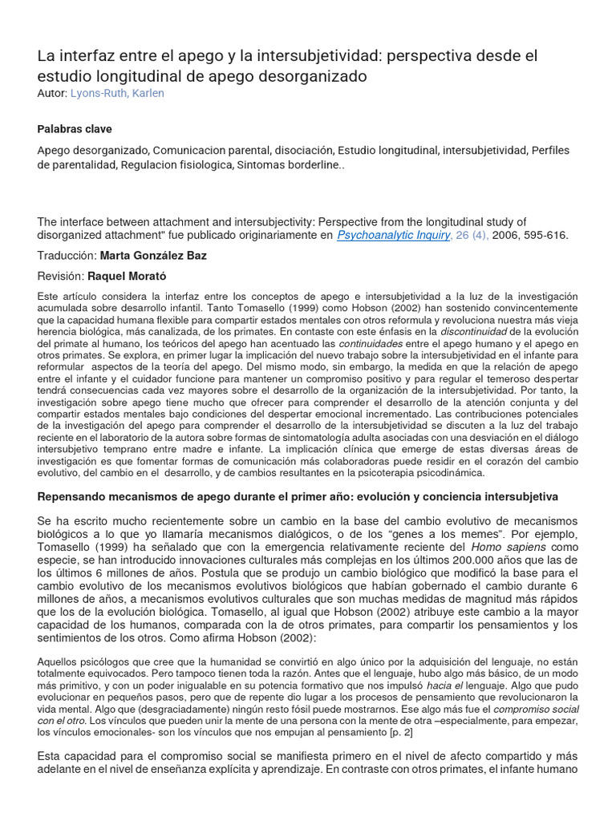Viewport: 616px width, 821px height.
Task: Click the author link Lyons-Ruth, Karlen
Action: pyautogui.click(x=117, y=93)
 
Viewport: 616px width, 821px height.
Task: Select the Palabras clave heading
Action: pyautogui.click(x=75, y=129)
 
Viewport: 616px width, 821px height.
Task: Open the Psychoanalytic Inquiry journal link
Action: pyautogui.click(x=393, y=236)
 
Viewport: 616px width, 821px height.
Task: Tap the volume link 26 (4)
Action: pyautogui.click(x=472, y=236)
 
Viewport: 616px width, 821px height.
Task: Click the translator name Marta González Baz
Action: pyautogui.click(x=154, y=257)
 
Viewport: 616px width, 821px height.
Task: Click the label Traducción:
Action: pyautogui.click(x=67, y=257)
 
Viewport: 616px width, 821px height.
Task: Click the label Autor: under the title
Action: pyautogui.click(x=52, y=93)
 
